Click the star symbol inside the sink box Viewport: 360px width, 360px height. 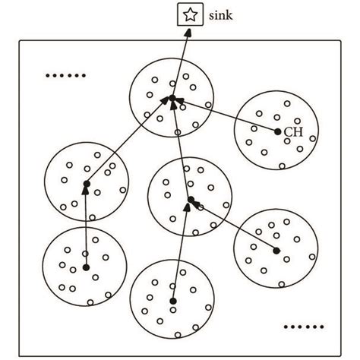coord(187,14)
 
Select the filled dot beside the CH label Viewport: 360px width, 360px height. coord(278,132)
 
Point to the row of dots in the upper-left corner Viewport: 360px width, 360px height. coord(66,75)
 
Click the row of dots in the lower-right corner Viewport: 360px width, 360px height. coord(302,327)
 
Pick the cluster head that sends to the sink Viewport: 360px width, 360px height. coord(172,99)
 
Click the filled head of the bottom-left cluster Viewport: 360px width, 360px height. coord(86,267)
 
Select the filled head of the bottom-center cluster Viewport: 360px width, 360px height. coord(173,302)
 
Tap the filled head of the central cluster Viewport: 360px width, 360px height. coord(189,201)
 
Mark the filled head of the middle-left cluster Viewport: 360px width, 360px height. coord(87,184)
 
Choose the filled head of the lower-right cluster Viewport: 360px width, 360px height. coord(276,250)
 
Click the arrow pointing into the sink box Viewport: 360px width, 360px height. coord(180,61)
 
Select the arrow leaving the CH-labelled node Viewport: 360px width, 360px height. coord(228,116)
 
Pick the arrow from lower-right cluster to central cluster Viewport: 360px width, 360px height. coord(235,226)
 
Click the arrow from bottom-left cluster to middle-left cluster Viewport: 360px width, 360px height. coord(86,226)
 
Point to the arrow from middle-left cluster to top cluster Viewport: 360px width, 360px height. coord(128,143)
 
